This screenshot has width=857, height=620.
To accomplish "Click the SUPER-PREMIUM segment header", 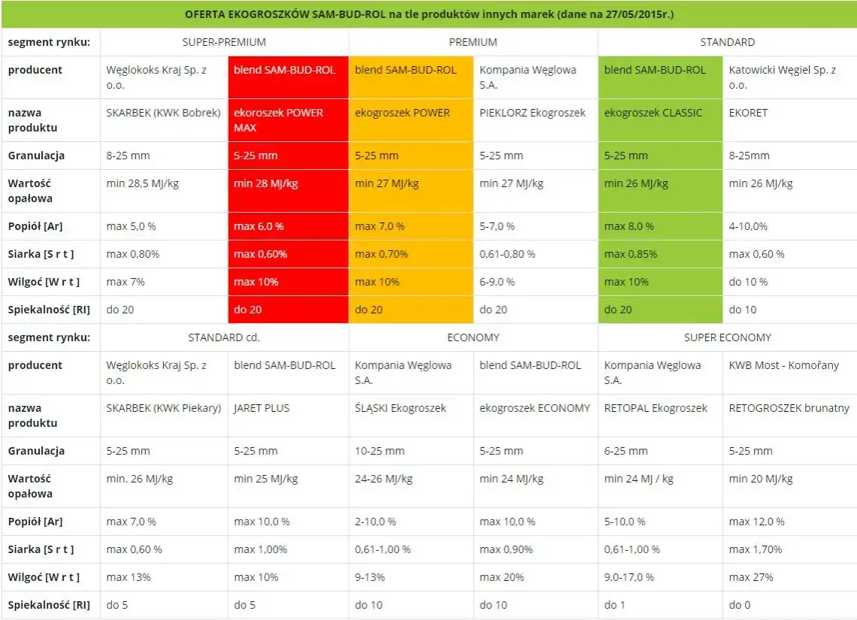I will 224,42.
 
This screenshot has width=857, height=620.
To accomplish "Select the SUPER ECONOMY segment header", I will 727,337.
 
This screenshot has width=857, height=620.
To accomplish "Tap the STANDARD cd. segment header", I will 224,337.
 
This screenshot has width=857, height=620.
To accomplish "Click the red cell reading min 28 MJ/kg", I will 265,183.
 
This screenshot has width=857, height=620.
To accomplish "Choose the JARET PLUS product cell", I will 262,408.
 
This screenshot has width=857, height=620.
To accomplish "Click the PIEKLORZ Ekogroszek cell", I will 532,113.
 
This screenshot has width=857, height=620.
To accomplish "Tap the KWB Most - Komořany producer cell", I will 783,365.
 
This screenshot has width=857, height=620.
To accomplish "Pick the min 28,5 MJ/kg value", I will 143,183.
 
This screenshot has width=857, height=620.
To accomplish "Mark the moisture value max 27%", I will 751,577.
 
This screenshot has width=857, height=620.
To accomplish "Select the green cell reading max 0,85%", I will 629,254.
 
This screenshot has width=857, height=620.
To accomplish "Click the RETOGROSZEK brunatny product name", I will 789,408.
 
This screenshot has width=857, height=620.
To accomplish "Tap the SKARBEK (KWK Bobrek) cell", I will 163,113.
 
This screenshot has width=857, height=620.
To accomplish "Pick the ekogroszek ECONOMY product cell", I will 534,408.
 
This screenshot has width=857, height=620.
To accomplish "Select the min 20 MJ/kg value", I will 761,479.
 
